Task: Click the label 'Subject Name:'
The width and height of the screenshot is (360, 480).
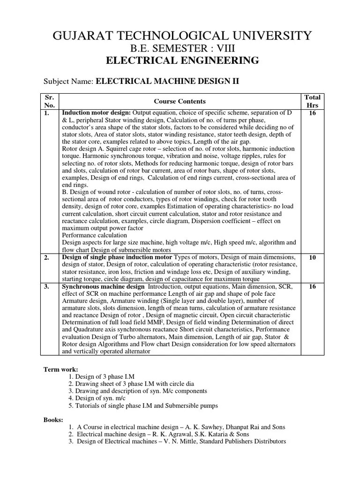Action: tap(69, 82)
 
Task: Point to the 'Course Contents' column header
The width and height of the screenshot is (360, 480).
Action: tap(180, 101)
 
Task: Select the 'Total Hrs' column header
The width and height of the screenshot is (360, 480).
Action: tap(312, 101)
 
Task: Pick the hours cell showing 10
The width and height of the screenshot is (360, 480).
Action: tap(312, 258)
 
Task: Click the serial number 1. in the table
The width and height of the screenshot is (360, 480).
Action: tap(46, 113)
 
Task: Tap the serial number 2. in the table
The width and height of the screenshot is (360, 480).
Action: tap(46, 258)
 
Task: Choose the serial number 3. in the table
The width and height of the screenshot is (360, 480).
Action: tap(46, 287)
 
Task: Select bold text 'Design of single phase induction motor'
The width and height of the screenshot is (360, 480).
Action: tap(118, 258)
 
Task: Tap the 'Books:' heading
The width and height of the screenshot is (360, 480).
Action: tap(53, 420)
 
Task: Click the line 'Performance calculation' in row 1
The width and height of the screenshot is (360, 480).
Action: tap(94, 235)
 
